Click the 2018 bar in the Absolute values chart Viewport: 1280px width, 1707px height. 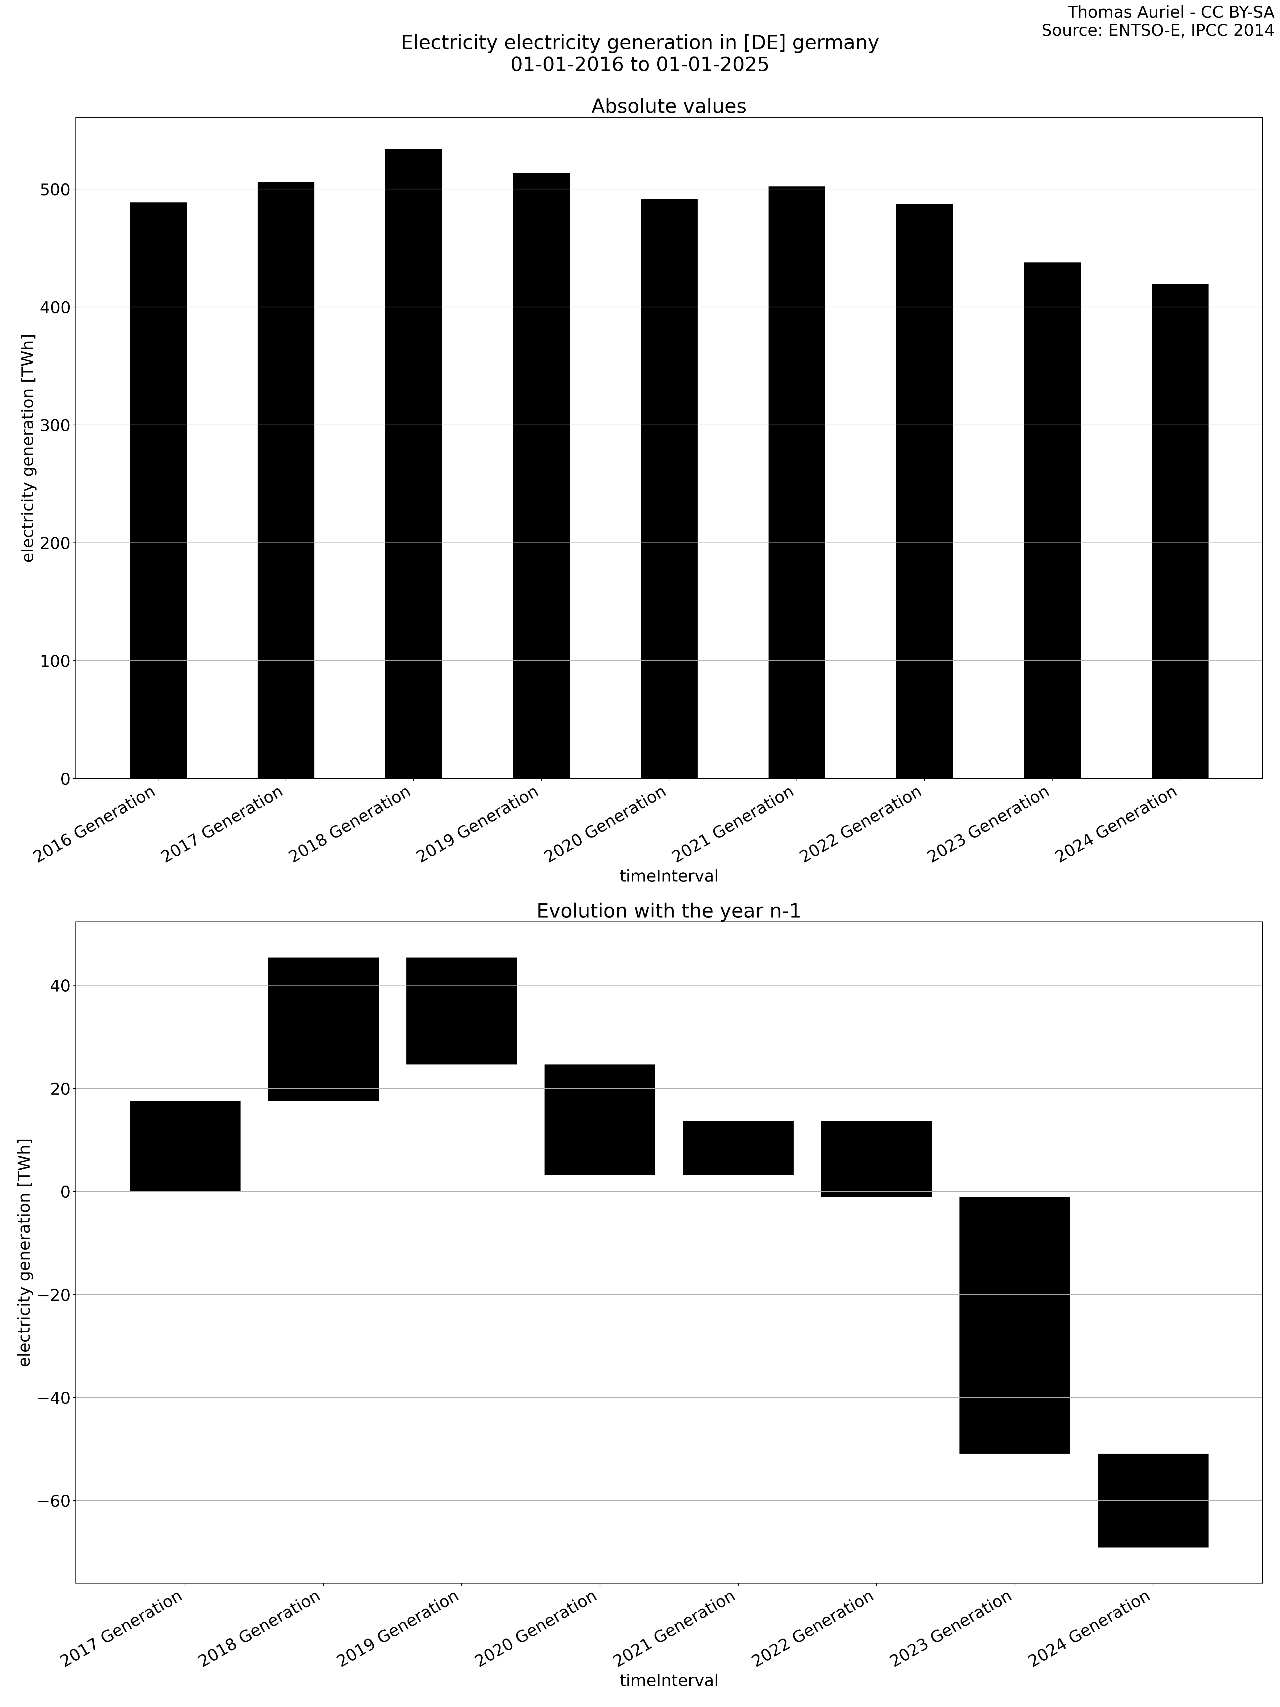point(414,463)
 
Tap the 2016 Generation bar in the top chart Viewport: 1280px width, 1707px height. point(158,490)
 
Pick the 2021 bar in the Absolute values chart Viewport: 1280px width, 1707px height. point(796,482)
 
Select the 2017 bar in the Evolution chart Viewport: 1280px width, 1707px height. point(185,1146)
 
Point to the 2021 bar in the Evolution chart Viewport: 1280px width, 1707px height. point(738,1148)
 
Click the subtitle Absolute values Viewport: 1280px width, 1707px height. point(668,106)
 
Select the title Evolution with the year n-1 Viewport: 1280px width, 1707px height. point(668,911)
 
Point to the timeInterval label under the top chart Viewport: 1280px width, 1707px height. point(668,876)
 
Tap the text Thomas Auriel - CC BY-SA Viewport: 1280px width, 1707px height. point(1170,12)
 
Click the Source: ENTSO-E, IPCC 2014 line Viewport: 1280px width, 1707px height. point(1157,31)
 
